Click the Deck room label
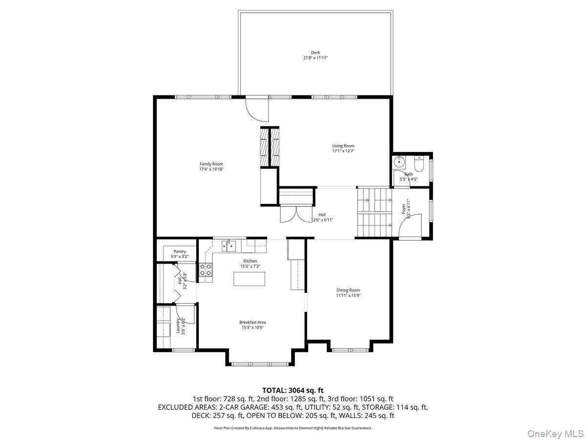(x=315, y=53)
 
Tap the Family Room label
(x=211, y=164)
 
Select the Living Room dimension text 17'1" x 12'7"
(x=343, y=151)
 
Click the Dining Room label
(x=348, y=290)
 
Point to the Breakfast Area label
(x=252, y=322)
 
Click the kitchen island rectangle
(x=250, y=279)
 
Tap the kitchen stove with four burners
(x=205, y=270)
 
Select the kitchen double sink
(x=229, y=245)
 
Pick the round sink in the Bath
(x=399, y=162)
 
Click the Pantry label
(x=179, y=251)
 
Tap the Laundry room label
(x=178, y=326)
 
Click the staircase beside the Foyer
(x=374, y=213)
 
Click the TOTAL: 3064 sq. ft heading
(x=293, y=390)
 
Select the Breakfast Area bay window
(x=259, y=363)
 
